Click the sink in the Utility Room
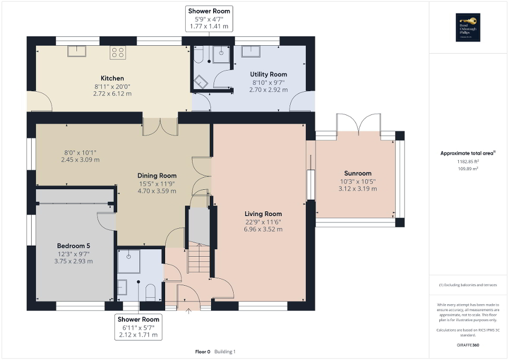(251, 51)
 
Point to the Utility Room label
(268, 74)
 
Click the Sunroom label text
(358, 173)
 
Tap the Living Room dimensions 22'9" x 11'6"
(263, 222)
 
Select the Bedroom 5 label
(73, 246)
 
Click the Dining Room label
(157, 176)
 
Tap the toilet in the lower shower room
(150, 290)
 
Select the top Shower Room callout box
(209, 18)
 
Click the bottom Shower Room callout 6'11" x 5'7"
(138, 327)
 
